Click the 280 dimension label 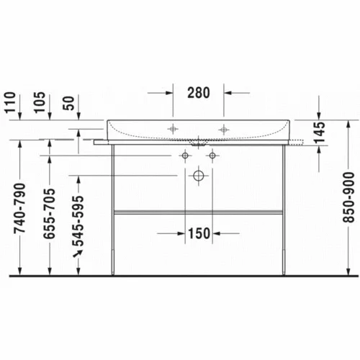coord(199,93)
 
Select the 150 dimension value coord(199,233)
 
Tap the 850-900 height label coord(348,197)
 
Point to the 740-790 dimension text coord(19,208)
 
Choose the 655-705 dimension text coord(49,214)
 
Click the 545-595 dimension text coord(78,221)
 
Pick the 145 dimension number coord(320,132)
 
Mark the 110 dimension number coord(10,102)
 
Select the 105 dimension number coord(40,102)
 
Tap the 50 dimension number coord(69,103)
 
